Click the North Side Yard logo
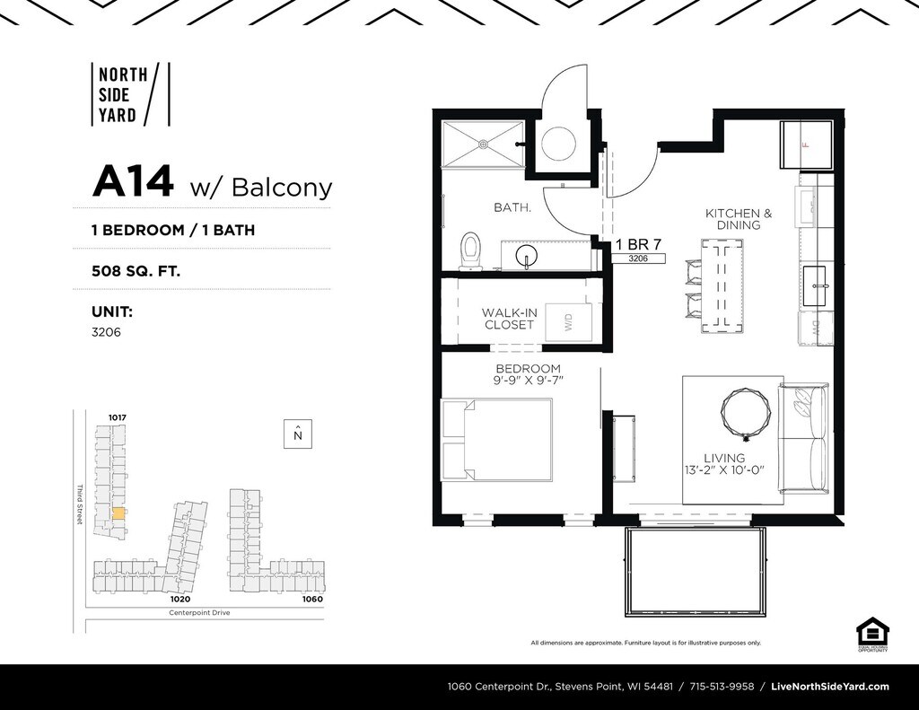pyautogui.click(x=129, y=93)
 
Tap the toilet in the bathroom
pyautogui.click(x=470, y=250)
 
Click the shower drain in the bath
pyautogui.click(x=483, y=142)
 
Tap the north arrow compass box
pyautogui.click(x=298, y=434)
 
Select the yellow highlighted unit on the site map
pyautogui.click(x=118, y=513)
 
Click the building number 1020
pyautogui.click(x=180, y=599)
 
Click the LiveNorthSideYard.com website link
pyautogui.click(x=830, y=687)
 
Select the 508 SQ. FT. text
pyautogui.click(x=136, y=268)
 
